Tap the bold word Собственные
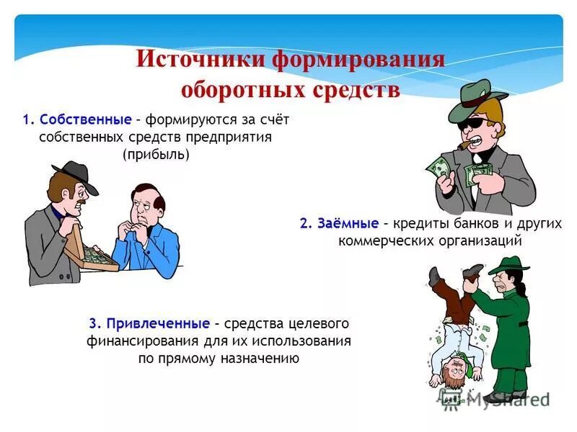click(86, 119)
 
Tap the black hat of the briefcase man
click(74, 175)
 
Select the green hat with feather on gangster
click(475, 99)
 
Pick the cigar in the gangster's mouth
click(459, 145)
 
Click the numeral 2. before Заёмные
click(305, 223)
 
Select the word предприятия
click(236, 137)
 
